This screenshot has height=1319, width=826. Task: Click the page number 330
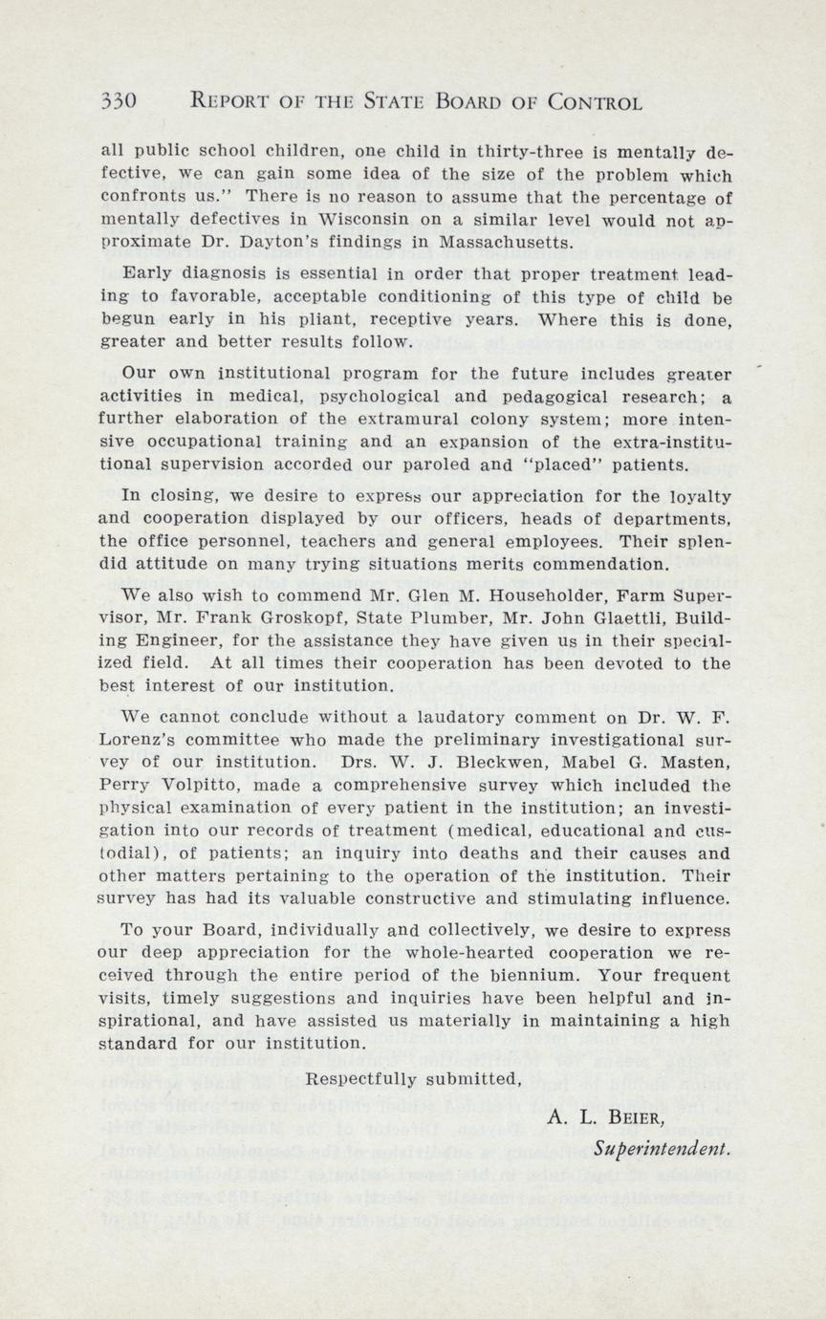pos(120,102)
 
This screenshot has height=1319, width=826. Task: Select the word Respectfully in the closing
pos(359,1079)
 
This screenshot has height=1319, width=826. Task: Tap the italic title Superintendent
pos(662,1147)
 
